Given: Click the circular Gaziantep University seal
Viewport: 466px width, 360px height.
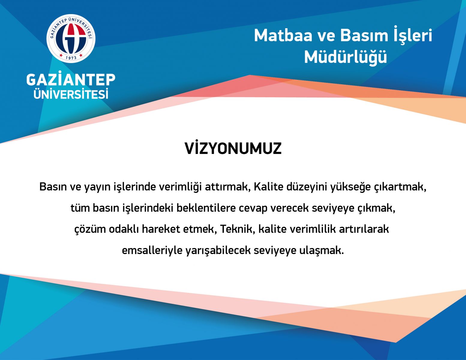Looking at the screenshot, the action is [x=71, y=39].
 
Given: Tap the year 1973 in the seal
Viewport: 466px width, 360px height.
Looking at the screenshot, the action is [x=71, y=58].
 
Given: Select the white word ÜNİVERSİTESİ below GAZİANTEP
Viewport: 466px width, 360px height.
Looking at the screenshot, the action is [x=71, y=94].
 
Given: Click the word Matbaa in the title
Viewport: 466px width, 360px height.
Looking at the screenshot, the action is [x=283, y=36].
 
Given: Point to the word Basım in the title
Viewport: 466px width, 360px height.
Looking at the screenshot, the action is [x=364, y=36].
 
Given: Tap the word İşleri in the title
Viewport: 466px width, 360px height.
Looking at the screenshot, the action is [x=413, y=36].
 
